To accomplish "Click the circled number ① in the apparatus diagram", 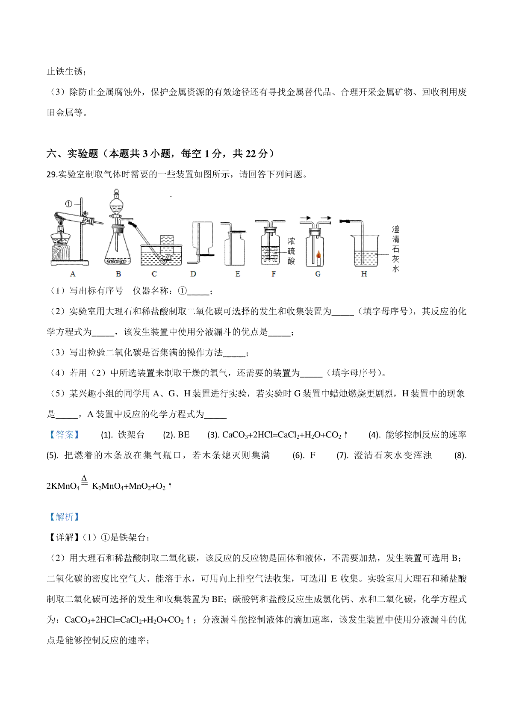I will point(68,204).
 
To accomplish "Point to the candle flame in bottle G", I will point(318,255).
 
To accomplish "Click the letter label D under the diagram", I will point(193,274).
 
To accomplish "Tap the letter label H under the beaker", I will point(364,274).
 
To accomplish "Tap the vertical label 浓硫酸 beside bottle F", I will point(291,251).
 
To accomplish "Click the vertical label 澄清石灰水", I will point(395,249).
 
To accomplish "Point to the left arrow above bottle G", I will point(305,218).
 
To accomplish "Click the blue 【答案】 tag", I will point(64,435).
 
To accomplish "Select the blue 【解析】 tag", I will point(64,517).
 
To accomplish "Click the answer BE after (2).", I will point(183,435).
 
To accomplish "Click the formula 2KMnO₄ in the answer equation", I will point(63,486).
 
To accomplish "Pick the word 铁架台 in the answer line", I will point(131,435).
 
